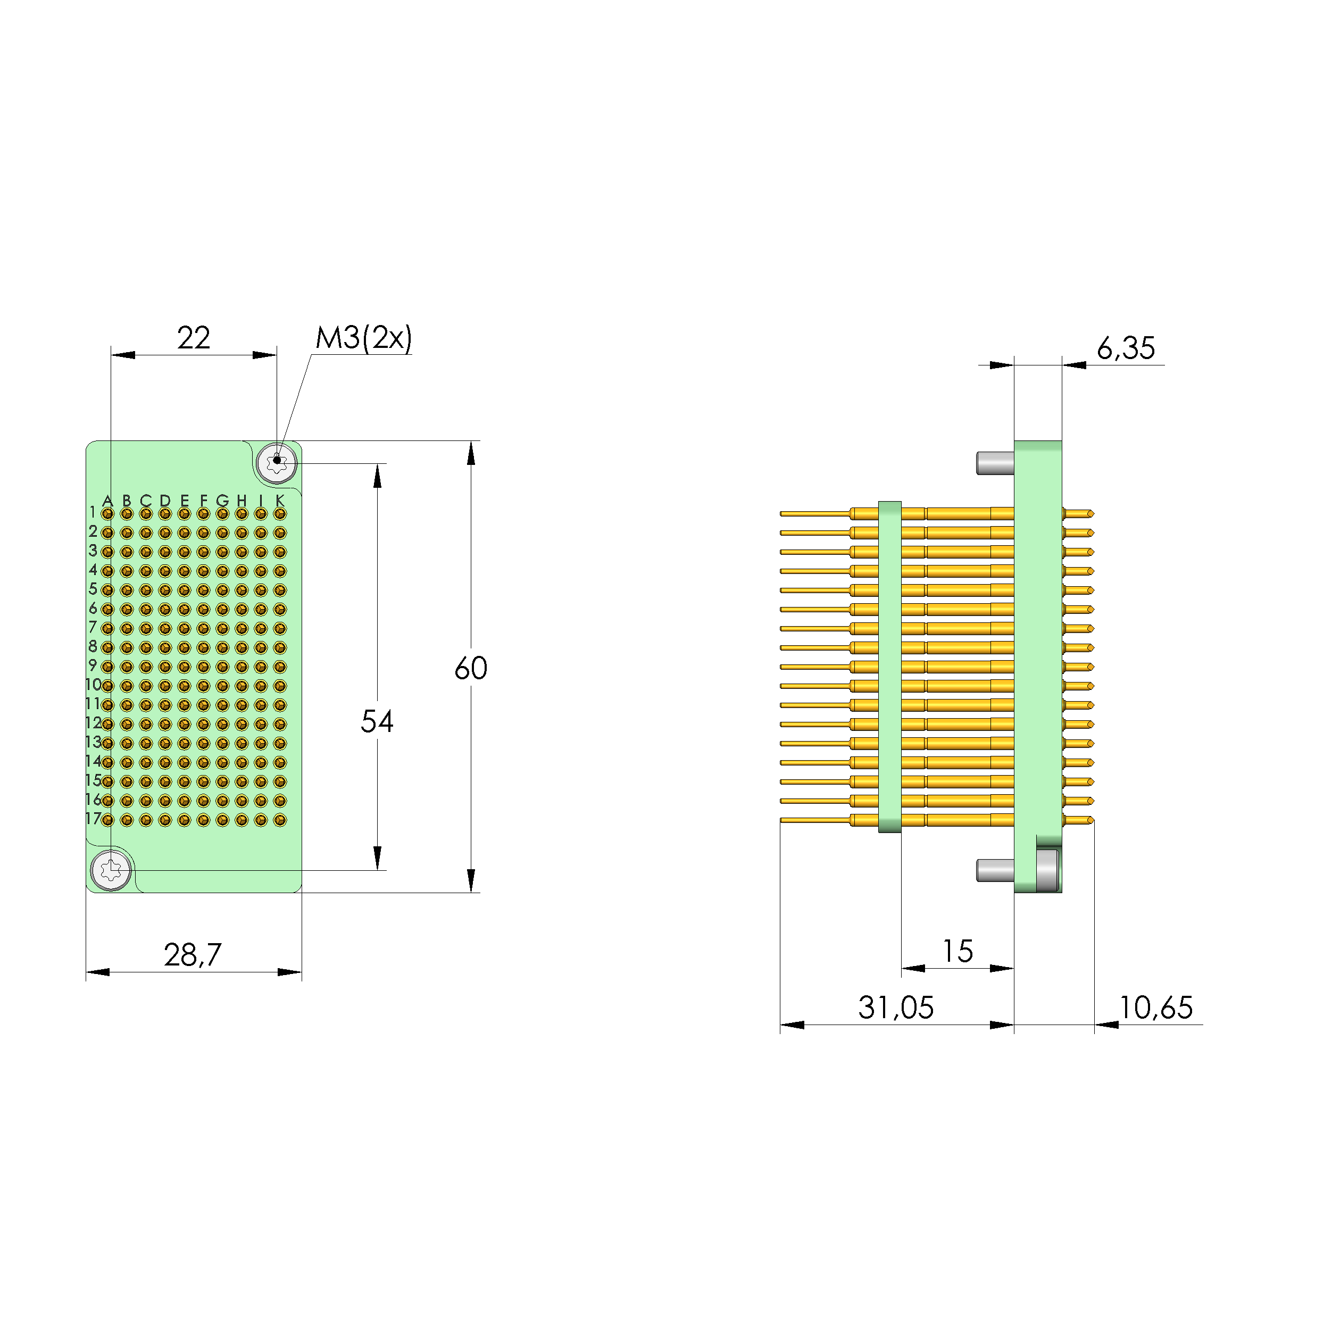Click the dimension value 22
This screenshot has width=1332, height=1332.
pos(194,338)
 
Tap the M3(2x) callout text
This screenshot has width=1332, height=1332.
pos(363,338)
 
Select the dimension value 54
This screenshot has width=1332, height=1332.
pos(377,722)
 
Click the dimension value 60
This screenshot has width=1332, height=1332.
pos(471,668)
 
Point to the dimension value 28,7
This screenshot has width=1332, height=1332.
pos(193,955)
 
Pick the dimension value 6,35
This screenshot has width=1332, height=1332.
pos(1125,348)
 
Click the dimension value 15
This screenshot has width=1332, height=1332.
pos(958,952)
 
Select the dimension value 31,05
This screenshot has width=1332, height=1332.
pos(896,1008)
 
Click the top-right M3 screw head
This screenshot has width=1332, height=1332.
pos(277,463)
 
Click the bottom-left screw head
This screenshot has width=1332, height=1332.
pos(111,871)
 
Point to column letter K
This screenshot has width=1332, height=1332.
pos(279,501)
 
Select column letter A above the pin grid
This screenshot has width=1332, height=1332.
pos(107,501)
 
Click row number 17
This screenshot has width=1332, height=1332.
pos(93,818)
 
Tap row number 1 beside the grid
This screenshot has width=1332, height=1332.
pos(93,512)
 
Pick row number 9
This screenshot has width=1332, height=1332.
pos(93,665)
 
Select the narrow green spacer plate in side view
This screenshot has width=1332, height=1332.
pos(889,667)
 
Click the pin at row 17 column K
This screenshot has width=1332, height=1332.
pos(279,820)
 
